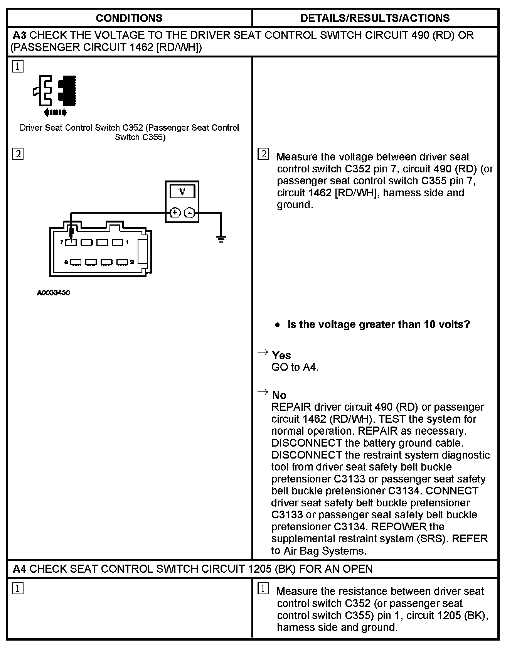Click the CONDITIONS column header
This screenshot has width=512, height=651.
point(129,18)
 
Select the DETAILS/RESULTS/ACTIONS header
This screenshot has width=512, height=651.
point(375,18)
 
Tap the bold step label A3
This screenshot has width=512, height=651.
point(20,35)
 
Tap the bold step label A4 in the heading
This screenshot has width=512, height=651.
point(20,569)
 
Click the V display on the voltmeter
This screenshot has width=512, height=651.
point(182,191)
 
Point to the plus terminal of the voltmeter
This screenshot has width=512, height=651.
point(175,213)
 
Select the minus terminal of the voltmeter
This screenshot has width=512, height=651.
point(190,213)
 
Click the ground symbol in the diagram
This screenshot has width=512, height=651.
point(221,239)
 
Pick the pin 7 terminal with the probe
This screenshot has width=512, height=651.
point(71,242)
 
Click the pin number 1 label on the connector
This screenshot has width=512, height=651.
point(127,242)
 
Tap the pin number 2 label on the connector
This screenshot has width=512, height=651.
point(132,262)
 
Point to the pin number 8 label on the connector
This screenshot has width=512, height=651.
point(66,262)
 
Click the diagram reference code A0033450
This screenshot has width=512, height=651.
point(54,293)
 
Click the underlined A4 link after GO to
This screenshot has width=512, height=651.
point(309,367)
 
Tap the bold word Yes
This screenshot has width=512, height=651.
point(281,355)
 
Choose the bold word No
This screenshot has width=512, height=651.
point(279,395)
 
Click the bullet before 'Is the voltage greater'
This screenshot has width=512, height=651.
point(278,325)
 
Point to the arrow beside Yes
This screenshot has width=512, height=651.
point(263,352)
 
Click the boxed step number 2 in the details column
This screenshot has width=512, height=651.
point(263,154)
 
